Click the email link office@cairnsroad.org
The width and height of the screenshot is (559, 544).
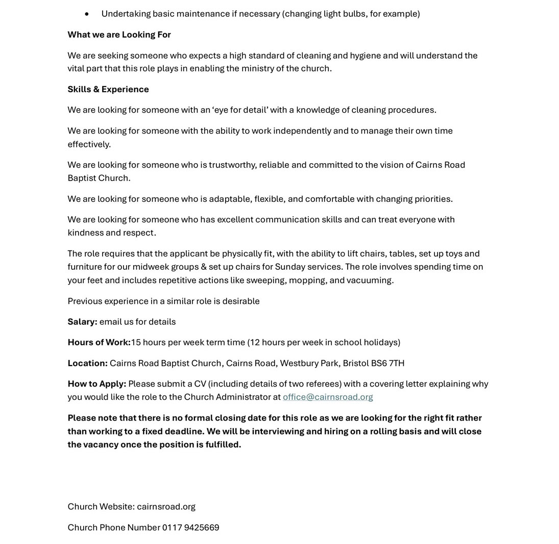[x=328, y=397]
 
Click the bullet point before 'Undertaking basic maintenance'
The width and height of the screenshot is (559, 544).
[x=87, y=14]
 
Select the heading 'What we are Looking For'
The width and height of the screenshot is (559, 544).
[x=119, y=34]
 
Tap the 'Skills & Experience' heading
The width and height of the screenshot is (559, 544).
[x=108, y=89]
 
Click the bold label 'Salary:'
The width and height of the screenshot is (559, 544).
[x=82, y=322]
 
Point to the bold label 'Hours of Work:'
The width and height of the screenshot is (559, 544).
[x=99, y=342]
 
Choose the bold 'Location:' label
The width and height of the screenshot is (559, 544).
[x=87, y=363]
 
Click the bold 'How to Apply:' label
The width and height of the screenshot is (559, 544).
[x=96, y=383]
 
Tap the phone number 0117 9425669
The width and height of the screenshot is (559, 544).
[x=190, y=527]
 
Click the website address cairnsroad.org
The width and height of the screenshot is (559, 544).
[x=166, y=506]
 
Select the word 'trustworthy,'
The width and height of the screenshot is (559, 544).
[x=233, y=165]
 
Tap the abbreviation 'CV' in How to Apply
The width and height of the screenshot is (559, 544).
[x=200, y=383]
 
